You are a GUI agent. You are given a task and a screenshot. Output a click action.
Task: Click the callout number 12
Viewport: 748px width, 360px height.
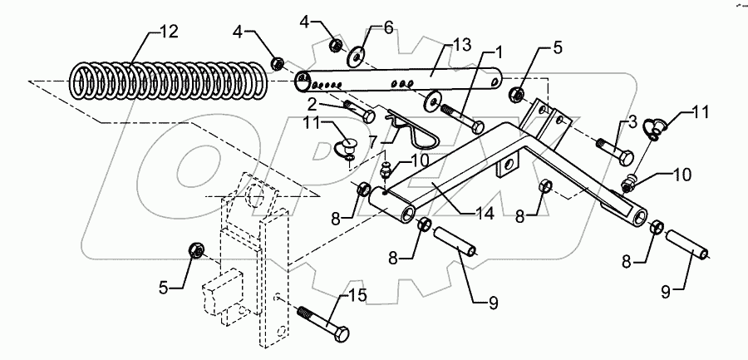(x=169, y=32)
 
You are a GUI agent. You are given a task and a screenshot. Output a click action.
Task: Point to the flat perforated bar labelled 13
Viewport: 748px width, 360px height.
(x=399, y=81)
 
